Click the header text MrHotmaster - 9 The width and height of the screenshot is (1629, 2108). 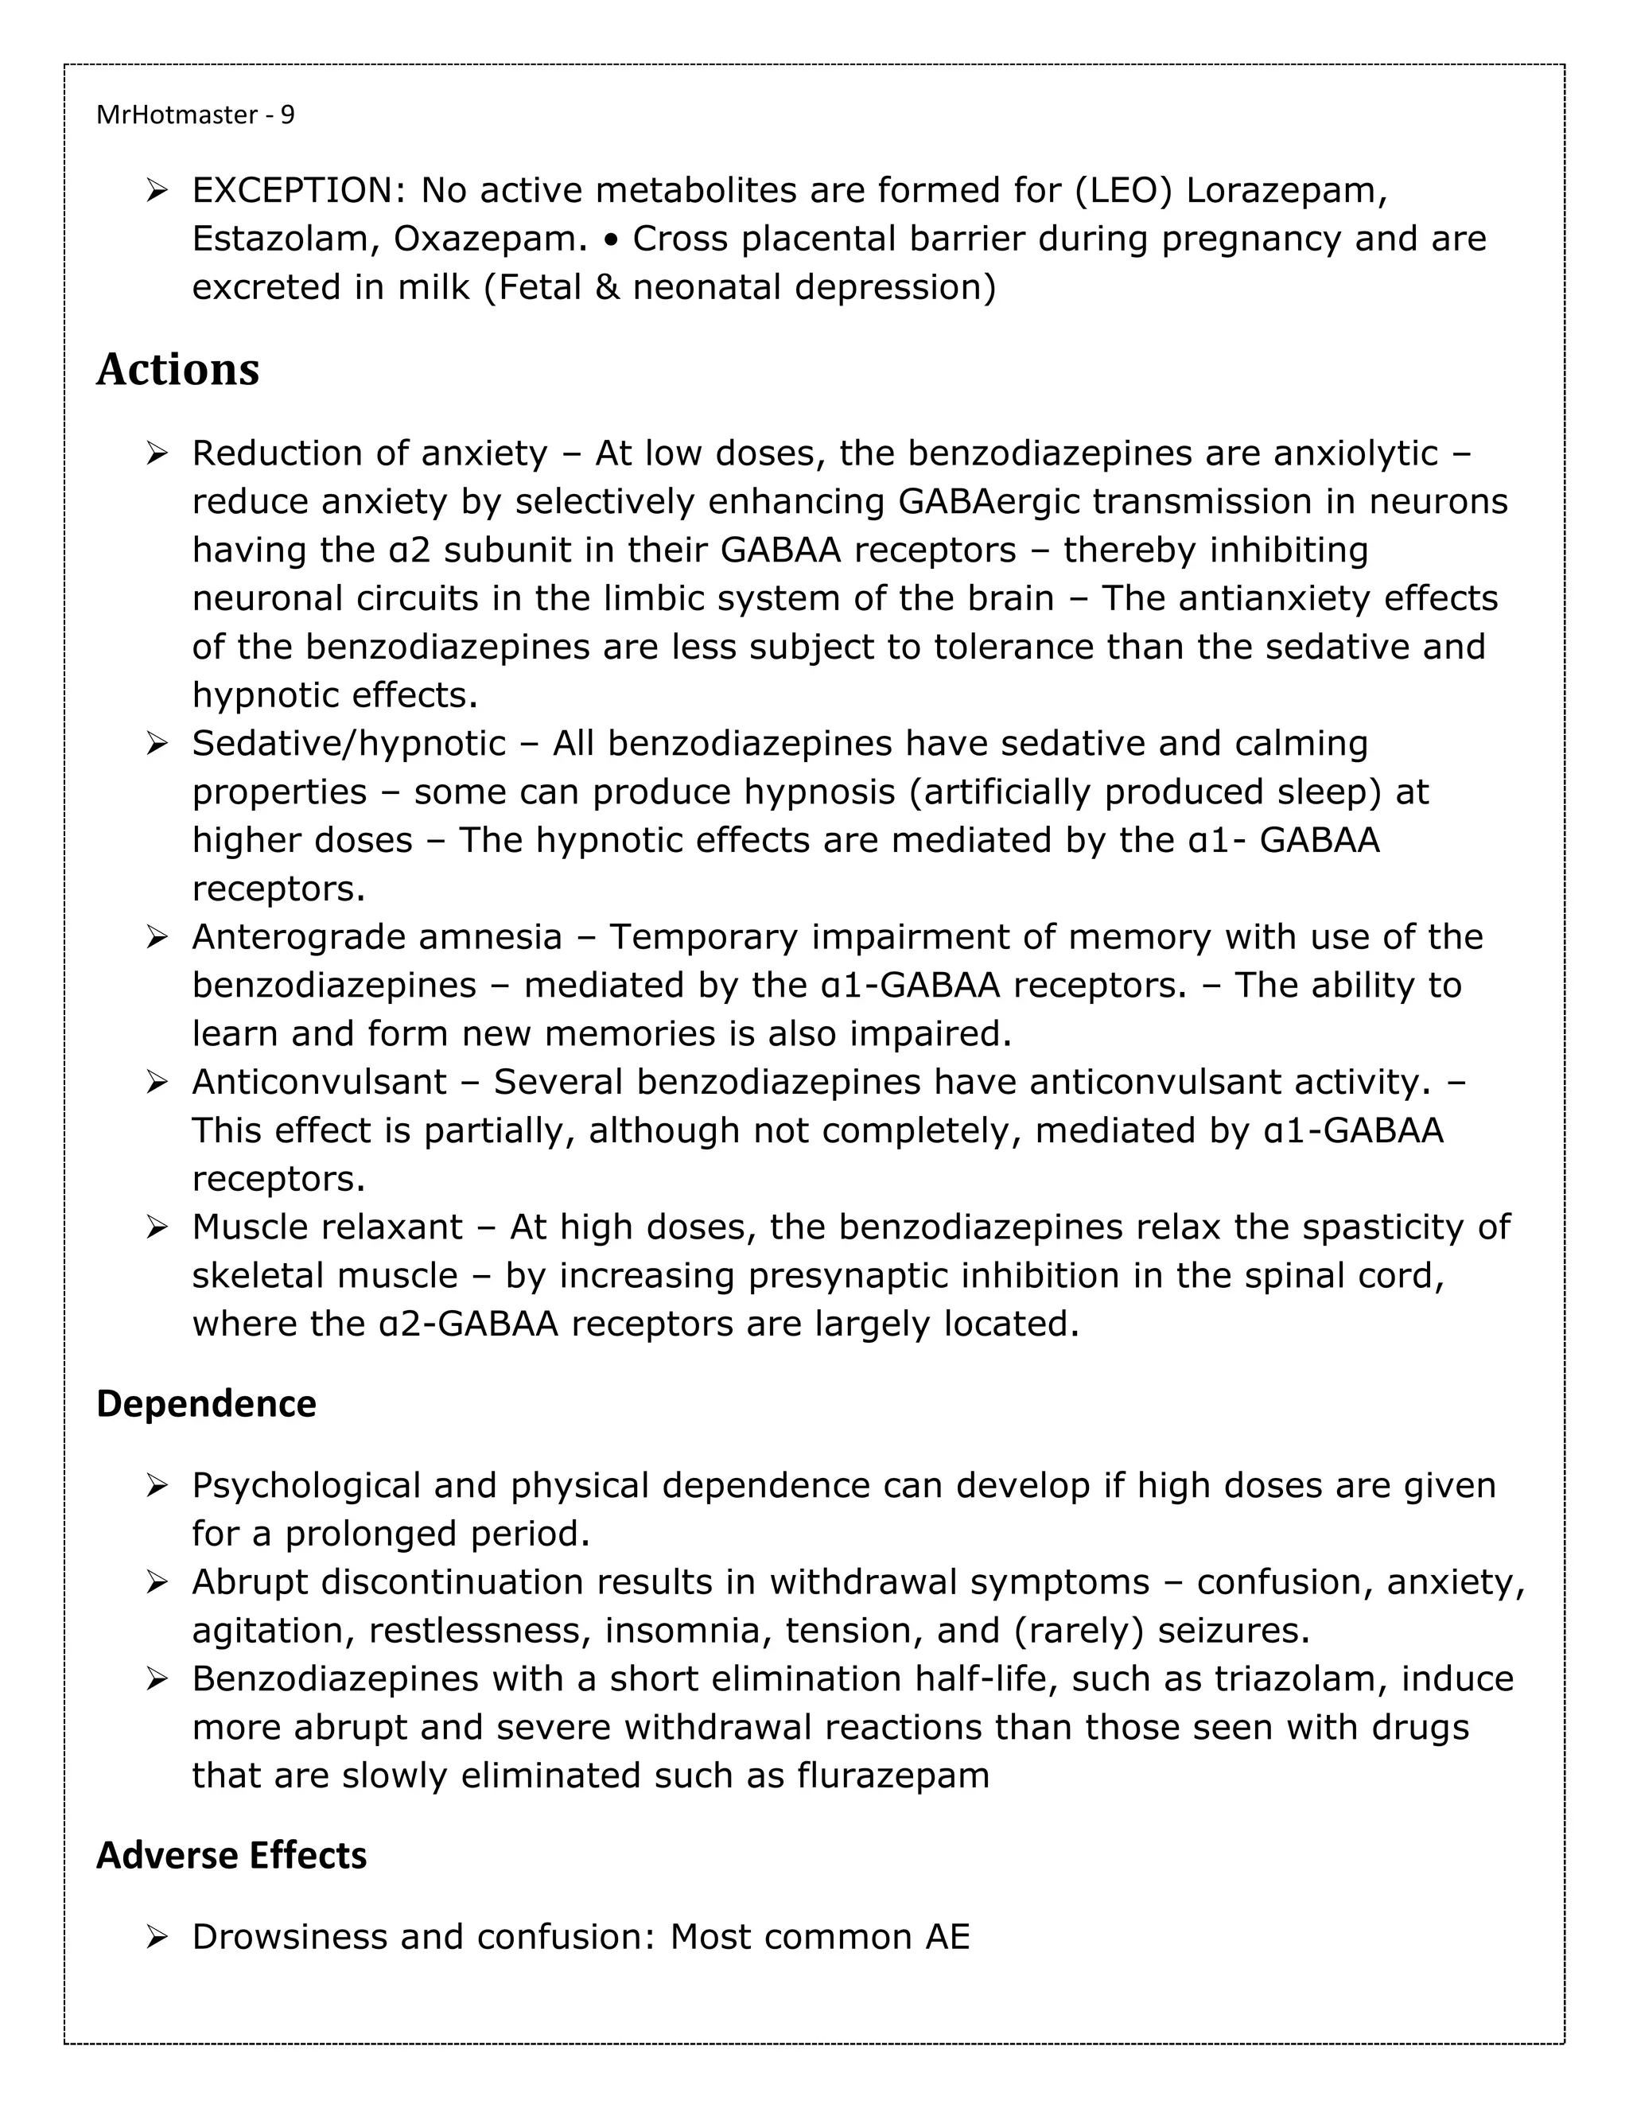[195, 115]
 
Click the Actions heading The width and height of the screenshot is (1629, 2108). [177, 370]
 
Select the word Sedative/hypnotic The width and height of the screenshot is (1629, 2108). [348, 743]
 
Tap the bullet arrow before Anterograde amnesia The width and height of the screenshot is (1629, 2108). [157, 937]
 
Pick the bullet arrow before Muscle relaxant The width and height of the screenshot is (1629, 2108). [157, 1227]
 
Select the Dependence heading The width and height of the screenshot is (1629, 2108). [205, 1403]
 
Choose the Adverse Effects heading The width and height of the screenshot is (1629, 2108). [231, 1855]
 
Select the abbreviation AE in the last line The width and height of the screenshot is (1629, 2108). [947, 1937]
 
